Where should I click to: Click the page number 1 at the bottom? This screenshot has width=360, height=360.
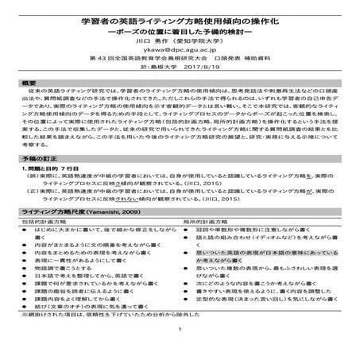pos(180,350)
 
